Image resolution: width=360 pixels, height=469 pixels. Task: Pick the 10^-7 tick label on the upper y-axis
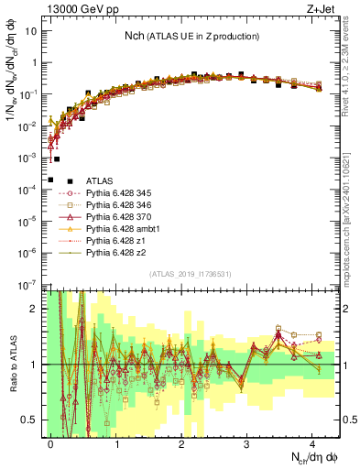click(29, 285)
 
